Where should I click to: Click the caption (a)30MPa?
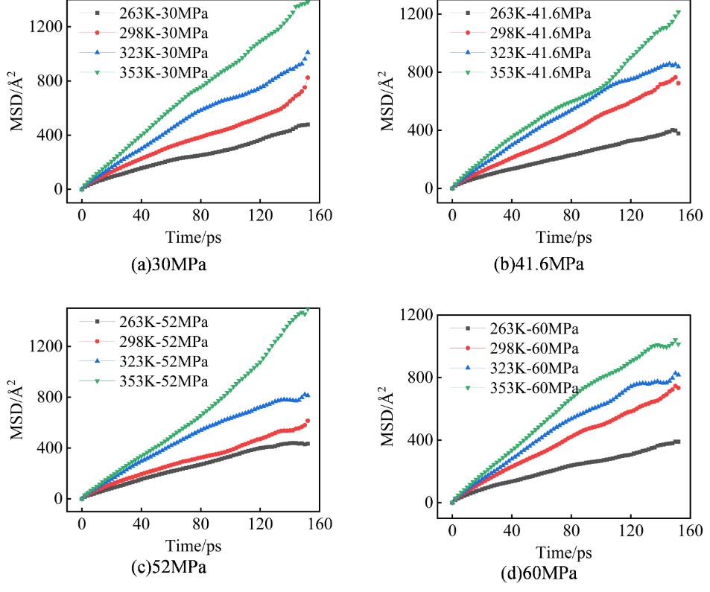coord(159,265)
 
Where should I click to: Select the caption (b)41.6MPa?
coord(538,265)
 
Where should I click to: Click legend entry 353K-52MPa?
coord(162,381)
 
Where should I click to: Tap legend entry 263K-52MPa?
coord(162,322)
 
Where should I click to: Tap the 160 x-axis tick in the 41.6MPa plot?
coord(690,216)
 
